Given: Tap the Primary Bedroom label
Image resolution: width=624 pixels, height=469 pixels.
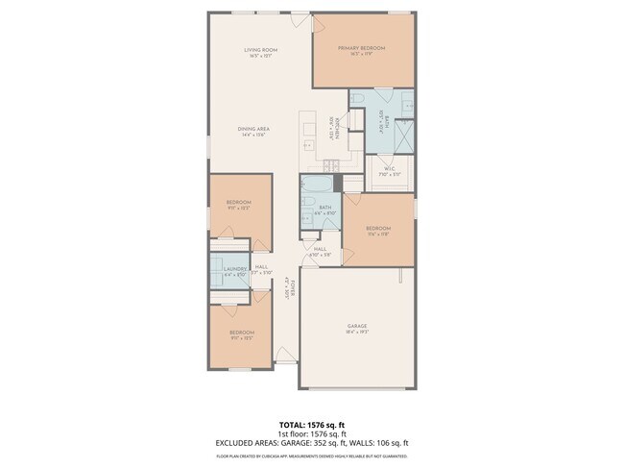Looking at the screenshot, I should tap(361, 48).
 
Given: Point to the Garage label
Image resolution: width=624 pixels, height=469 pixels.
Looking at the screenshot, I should tap(357, 326).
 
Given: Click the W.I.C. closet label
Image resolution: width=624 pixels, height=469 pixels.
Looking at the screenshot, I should tap(391, 170).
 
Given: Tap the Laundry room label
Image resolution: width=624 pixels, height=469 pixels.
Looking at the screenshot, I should tap(235, 269).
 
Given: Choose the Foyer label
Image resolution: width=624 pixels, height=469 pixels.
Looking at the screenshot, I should tap(286, 284).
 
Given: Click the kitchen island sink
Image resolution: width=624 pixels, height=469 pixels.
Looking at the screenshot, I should tap(310, 145).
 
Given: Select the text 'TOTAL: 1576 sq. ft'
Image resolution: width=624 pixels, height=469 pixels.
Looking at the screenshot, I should tap(311, 424).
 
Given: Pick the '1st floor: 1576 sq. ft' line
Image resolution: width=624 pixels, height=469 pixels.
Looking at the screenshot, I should tap(311, 433).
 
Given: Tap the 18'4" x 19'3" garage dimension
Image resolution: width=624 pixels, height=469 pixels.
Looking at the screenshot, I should tap(357, 333).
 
